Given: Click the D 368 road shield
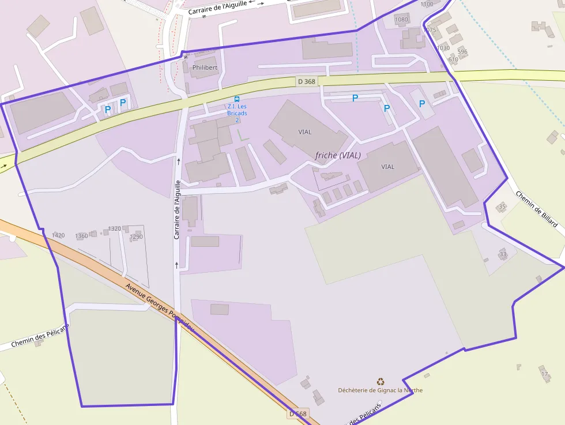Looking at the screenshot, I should click(x=307, y=81).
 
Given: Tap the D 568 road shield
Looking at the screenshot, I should click(x=298, y=413).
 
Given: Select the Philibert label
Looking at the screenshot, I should click(x=205, y=67).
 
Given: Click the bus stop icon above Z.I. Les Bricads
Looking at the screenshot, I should click(x=237, y=99).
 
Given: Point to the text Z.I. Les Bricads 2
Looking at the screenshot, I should click(x=237, y=113).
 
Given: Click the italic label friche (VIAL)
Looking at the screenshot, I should click(x=338, y=155).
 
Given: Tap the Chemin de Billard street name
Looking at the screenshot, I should click(x=537, y=209).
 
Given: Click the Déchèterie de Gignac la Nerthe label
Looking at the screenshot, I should click(x=380, y=390).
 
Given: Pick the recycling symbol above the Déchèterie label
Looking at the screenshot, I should click(x=381, y=381).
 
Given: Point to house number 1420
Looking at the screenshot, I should click(x=58, y=235).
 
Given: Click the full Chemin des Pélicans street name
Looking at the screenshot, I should click(x=40, y=336).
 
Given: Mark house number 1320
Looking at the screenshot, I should click(x=115, y=228).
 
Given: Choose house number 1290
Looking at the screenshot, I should click(x=136, y=236).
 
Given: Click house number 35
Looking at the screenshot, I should click(x=502, y=206).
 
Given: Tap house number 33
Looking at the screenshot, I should click(x=503, y=254).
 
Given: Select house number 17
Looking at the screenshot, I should click(x=544, y=374).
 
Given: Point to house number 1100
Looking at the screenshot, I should click(x=427, y=4).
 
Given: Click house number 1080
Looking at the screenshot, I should click(x=401, y=20).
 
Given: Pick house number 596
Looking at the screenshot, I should click(x=462, y=52).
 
